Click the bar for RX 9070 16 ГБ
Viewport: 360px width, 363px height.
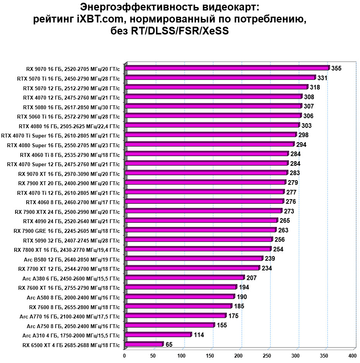tap(227, 68)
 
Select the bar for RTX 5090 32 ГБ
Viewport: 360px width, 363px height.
tap(199, 239)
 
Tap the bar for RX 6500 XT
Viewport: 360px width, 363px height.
tap(144, 344)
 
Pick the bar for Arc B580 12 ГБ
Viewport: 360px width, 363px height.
tap(194, 258)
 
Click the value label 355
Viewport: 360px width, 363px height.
tap(336, 69)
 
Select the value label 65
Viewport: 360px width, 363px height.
tap(169, 344)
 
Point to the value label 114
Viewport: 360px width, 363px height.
tap(199, 335)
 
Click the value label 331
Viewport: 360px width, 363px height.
tap(322, 78)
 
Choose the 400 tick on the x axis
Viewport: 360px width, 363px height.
tap(352, 355)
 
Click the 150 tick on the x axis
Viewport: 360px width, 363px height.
tap(210, 355)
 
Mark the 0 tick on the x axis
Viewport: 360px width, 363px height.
tap(125, 355)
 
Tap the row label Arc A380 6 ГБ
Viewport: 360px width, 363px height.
tap(71, 279)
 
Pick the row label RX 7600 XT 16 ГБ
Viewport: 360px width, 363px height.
tap(69, 288)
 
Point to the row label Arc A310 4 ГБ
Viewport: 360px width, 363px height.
tap(71, 335)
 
